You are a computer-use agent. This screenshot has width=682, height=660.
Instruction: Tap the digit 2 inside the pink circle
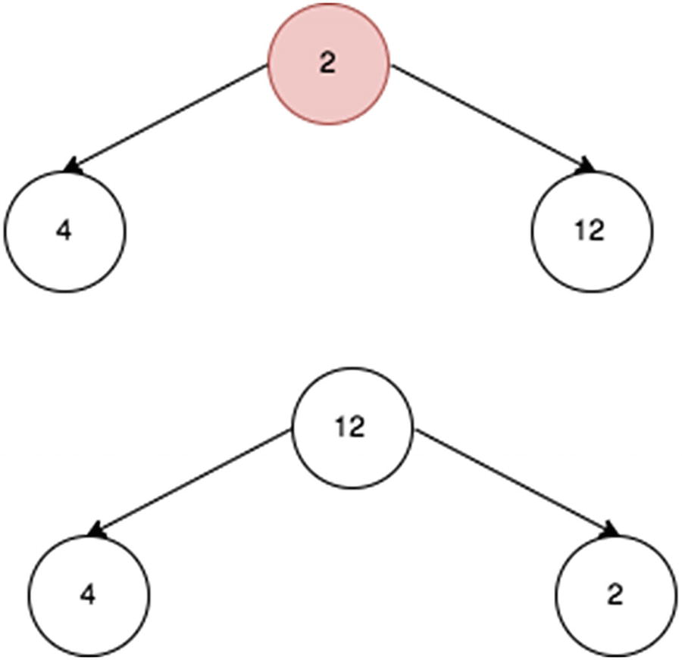[327, 64]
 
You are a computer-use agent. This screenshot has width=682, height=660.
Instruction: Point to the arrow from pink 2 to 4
[167, 117]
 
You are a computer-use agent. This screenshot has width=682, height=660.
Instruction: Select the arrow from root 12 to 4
[189, 481]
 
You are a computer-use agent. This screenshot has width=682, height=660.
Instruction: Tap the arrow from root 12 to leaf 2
[515, 481]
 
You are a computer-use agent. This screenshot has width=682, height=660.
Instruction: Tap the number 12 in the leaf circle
[590, 231]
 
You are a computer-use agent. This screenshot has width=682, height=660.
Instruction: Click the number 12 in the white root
[350, 428]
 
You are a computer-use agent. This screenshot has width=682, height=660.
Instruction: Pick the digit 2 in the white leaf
[615, 596]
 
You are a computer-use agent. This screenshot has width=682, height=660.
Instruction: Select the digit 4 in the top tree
[64, 231]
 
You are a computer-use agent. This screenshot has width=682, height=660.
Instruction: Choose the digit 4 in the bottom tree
[89, 596]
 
